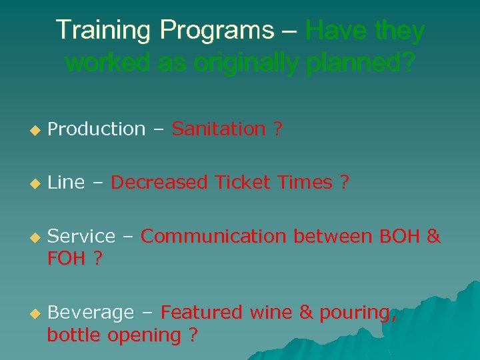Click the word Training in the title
[x=98, y=31]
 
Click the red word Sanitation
[x=219, y=129]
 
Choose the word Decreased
[x=159, y=182]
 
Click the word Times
[x=304, y=182]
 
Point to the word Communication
[x=215, y=236]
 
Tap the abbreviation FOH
[x=67, y=258]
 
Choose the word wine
[x=272, y=312]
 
